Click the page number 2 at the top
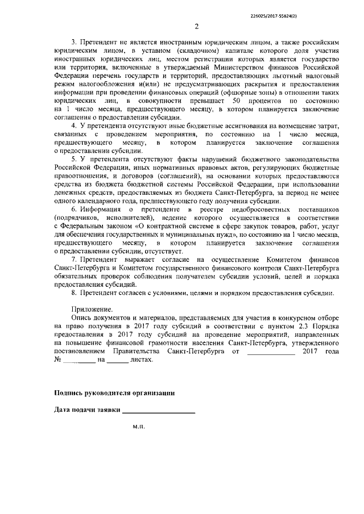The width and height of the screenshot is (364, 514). click(196, 27)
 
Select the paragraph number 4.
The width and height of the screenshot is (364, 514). click(72, 125)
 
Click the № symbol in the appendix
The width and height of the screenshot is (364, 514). click(57, 360)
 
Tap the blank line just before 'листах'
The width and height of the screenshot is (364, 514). click(118, 361)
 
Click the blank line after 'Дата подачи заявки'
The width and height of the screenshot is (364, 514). click(159, 411)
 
